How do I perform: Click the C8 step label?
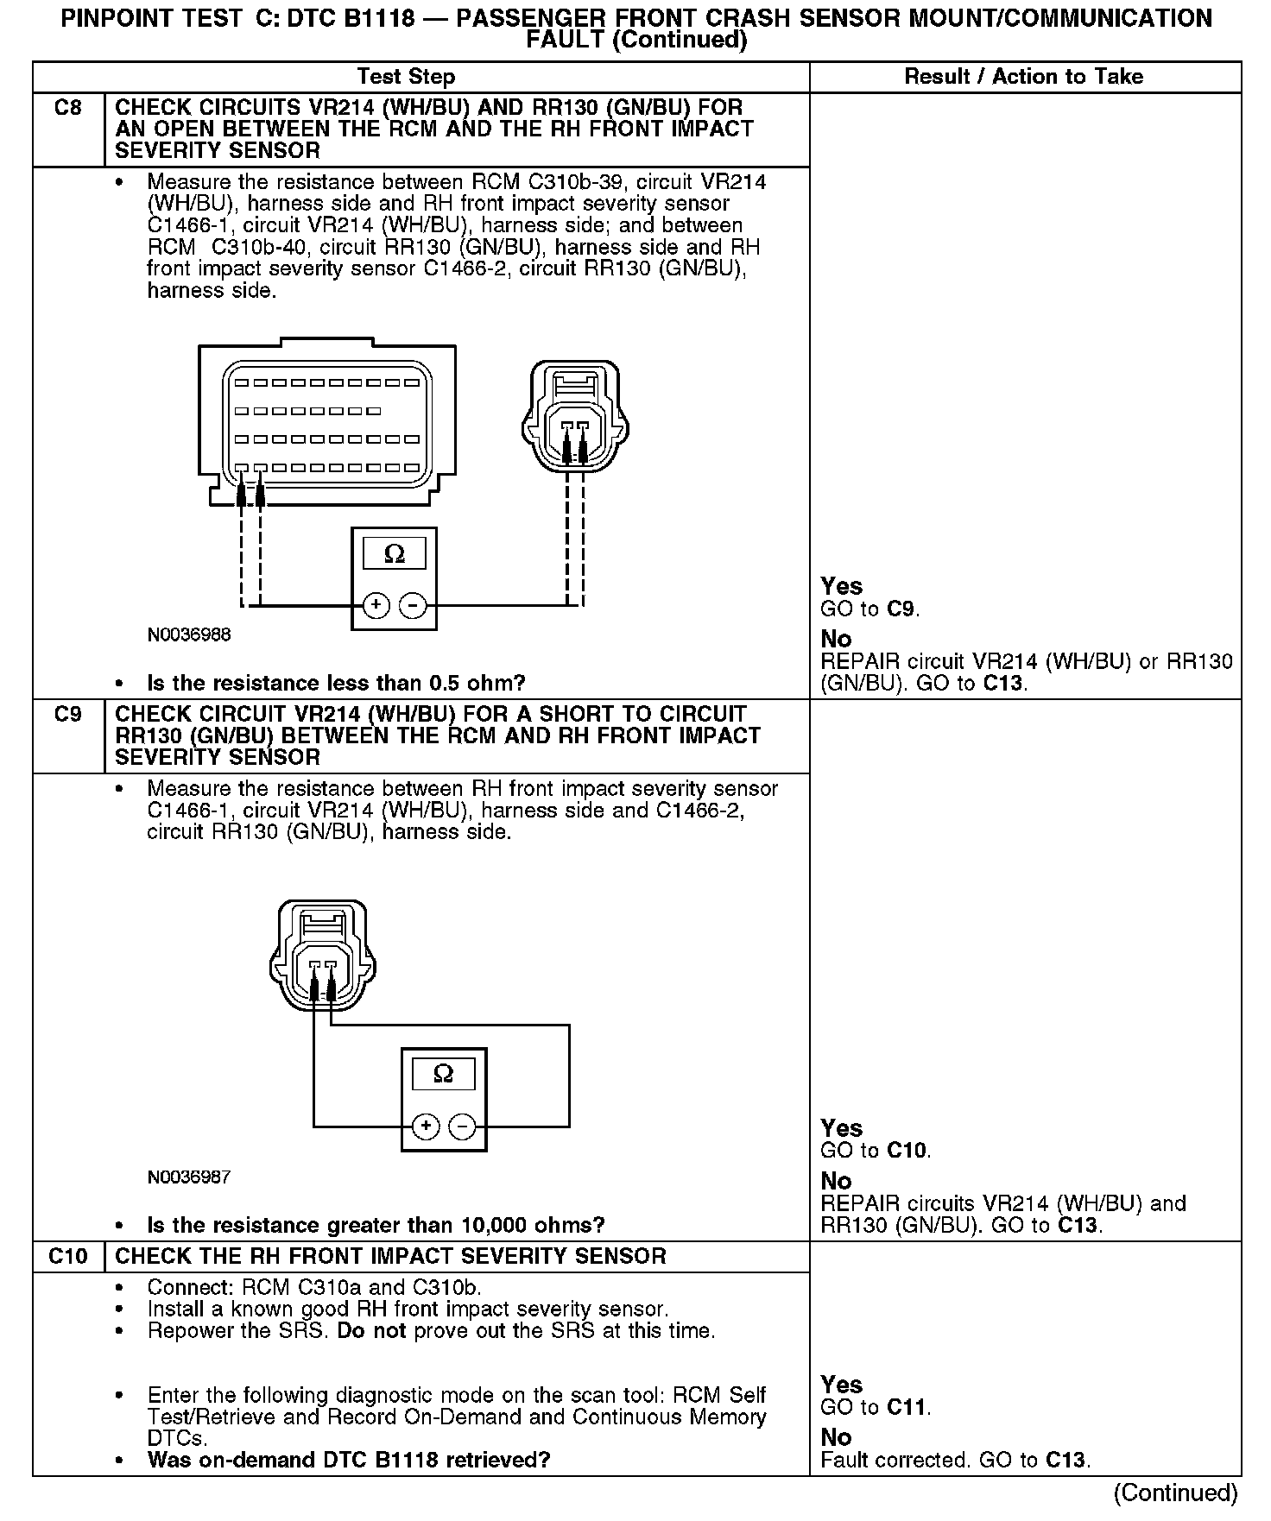click(x=67, y=108)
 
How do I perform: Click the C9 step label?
click(x=67, y=715)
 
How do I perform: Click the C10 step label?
click(x=67, y=1256)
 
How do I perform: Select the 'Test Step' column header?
click(x=406, y=77)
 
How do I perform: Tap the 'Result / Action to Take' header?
click(x=1023, y=77)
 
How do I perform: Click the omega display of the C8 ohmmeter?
click(x=394, y=553)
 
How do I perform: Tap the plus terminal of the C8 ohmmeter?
click(x=376, y=605)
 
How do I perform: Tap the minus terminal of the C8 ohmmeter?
click(x=413, y=605)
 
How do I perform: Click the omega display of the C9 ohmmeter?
click(x=443, y=1074)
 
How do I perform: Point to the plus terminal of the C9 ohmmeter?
click(x=426, y=1127)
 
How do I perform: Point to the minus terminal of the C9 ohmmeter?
click(x=463, y=1127)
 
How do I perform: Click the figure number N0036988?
click(x=189, y=635)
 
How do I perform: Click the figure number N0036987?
click(x=189, y=1177)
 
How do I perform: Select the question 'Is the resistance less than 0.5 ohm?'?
click(x=336, y=684)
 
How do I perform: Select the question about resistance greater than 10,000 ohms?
click(x=376, y=1226)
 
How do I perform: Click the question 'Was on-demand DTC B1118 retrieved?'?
click(x=349, y=1460)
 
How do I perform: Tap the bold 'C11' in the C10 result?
click(x=906, y=1407)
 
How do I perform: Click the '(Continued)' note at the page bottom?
click(x=1175, y=1492)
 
